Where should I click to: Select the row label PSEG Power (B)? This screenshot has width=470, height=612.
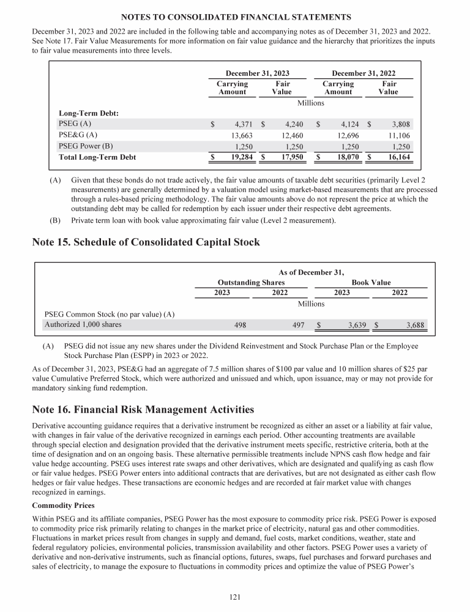[x=86, y=146]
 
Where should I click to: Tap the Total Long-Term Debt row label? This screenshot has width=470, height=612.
[x=97, y=157]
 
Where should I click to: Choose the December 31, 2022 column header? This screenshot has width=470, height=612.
[x=363, y=73]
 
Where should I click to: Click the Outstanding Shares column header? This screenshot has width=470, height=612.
[x=251, y=282]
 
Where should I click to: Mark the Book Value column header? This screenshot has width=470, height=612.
[x=371, y=282]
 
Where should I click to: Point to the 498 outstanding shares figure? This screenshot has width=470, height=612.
[x=241, y=325]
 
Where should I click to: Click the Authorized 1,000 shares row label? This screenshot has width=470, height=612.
[x=82, y=324]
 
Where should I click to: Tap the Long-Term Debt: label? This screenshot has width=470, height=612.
[x=88, y=113]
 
